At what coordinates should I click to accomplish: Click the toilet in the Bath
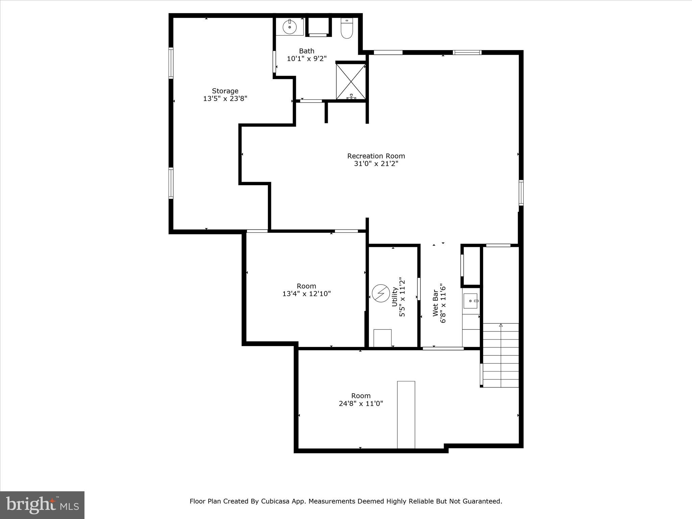(x=347, y=28)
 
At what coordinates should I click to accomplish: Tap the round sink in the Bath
(x=290, y=27)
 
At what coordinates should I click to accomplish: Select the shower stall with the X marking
(x=351, y=81)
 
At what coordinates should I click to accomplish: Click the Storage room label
(x=225, y=91)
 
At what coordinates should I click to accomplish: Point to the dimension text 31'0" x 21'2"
(x=376, y=164)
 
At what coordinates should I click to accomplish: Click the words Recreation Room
(x=376, y=156)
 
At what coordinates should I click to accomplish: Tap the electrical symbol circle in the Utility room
(x=381, y=293)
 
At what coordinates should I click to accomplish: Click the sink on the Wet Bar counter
(x=471, y=301)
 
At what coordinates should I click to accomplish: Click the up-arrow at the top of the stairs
(x=501, y=325)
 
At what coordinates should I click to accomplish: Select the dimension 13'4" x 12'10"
(x=306, y=294)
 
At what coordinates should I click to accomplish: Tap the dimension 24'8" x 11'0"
(x=361, y=403)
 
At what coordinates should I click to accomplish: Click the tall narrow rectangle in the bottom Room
(x=406, y=415)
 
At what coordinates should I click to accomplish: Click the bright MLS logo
(x=42, y=505)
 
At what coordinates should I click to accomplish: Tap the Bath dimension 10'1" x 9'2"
(x=306, y=59)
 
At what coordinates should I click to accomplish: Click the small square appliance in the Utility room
(x=382, y=338)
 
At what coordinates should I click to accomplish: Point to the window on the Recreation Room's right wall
(x=521, y=193)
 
